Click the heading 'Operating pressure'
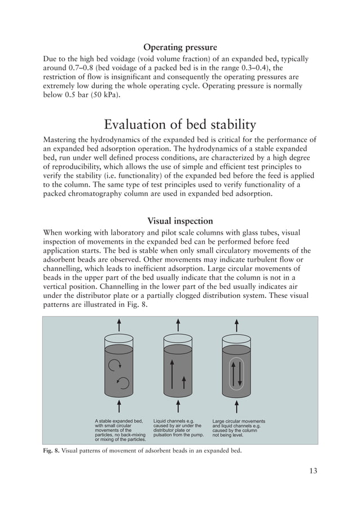pyautogui.click(x=180, y=47)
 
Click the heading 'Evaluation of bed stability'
pyautogui.click(x=180, y=124)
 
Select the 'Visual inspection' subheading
pyautogui.click(x=180, y=221)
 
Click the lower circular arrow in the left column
pyautogui.click(x=122, y=383)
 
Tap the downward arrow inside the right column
pyautogui.click(x=240, y=372)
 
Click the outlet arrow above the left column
pyautogui.click(x=119, y=326)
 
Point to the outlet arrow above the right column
pyautogui.click(x=236, y=326)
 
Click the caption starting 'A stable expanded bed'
pyautogui.click(x=120, y=431)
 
